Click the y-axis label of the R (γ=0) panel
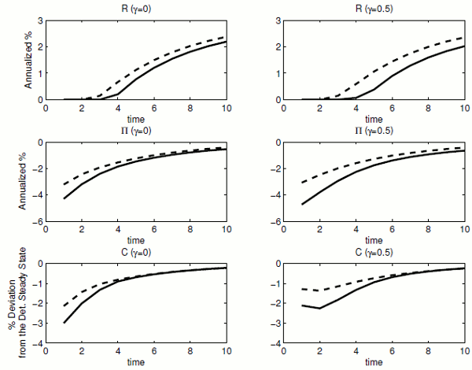click(28, 60)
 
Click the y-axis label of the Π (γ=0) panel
click(28, 182)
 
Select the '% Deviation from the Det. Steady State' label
click(23, 303)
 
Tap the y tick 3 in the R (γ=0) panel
click(39, 19)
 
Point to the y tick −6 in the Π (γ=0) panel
click(37, 222)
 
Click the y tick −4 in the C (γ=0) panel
click(37, 344)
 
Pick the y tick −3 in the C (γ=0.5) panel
click(275, 324)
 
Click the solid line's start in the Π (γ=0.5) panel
click(302, 205)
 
